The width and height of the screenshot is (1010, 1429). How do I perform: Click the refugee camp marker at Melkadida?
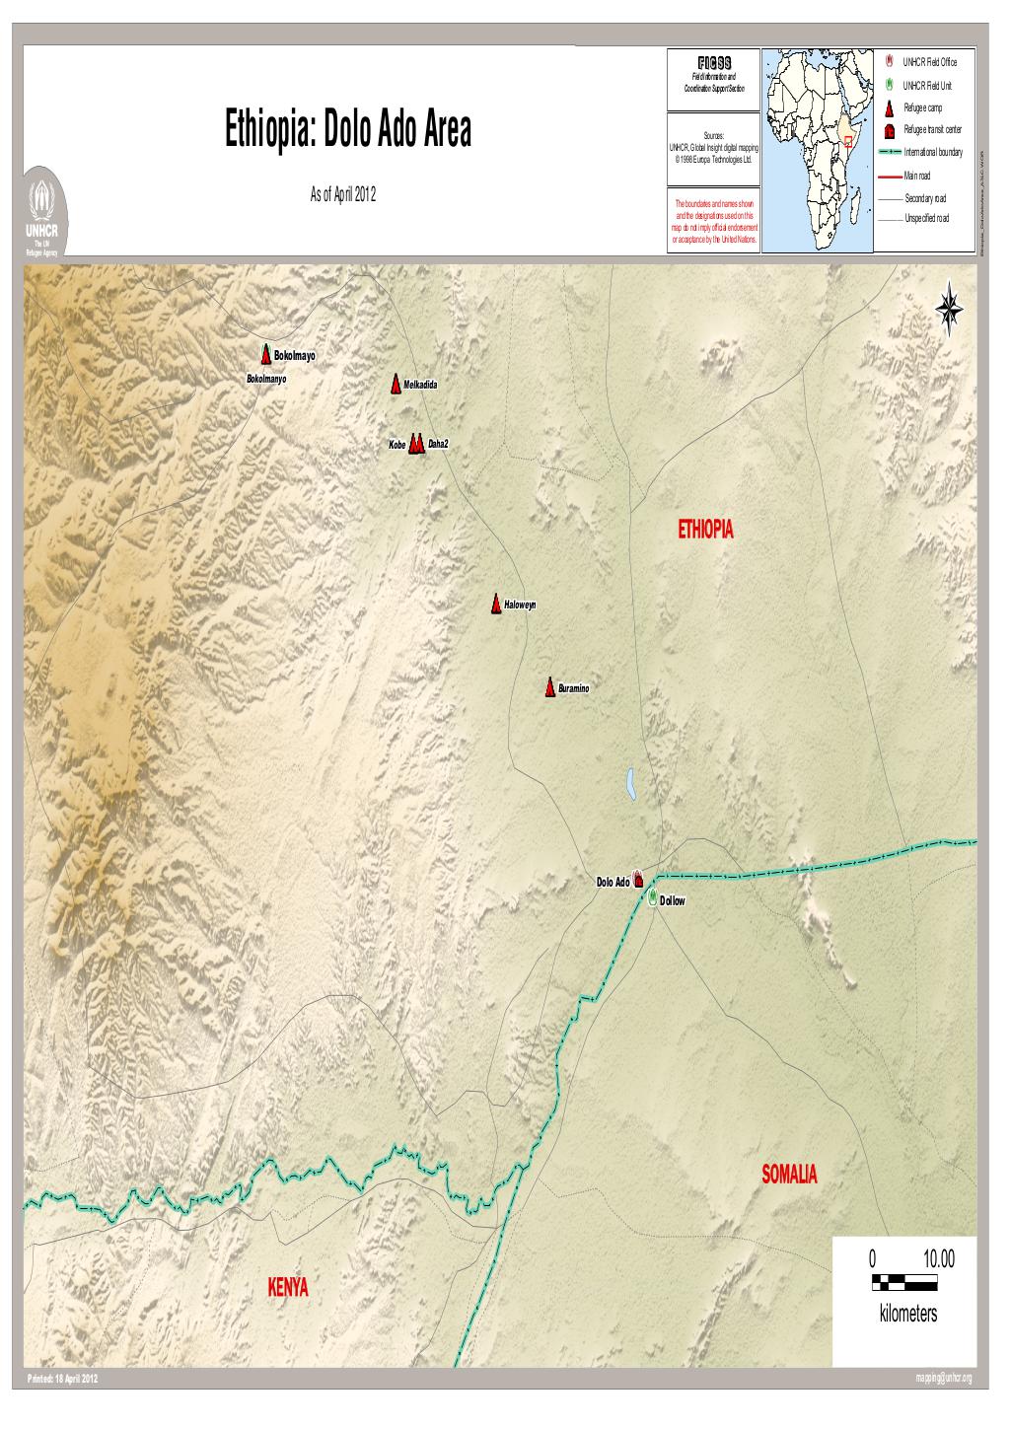pos(395,383)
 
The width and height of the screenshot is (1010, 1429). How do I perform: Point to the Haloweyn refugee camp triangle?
pos(496,604)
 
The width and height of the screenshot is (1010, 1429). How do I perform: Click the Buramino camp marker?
pos(549,686)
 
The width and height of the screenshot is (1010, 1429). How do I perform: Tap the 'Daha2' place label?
pos(438,445)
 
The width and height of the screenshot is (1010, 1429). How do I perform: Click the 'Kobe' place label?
pos(397,446)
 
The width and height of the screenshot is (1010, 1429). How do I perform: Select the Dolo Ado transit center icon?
pos(638,879)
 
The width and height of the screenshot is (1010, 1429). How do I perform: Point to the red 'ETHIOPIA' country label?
pos(706,531)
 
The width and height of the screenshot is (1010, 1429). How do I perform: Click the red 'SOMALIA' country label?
pos(789,1174)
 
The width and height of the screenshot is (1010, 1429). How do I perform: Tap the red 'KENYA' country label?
pos(288,1288)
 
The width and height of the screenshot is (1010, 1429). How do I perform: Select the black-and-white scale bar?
pos(904,1283)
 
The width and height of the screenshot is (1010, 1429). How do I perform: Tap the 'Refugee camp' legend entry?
pos(922,107)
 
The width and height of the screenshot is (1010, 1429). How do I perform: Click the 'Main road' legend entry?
pos(917,176)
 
